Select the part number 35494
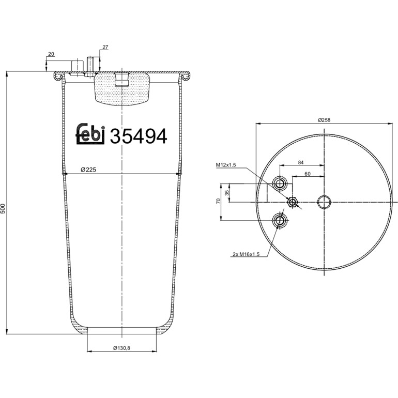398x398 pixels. click(139, 136)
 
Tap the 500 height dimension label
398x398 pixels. click(3, 208)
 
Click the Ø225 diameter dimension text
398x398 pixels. click(88, 170)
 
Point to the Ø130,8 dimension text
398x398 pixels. click(121, 348)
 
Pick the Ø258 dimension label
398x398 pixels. click(324, 120)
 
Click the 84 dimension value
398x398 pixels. click(301, 162)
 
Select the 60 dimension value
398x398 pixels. click(308, 174)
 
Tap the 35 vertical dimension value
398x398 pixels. click(227, 193)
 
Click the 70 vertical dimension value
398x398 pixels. click(218, 201)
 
